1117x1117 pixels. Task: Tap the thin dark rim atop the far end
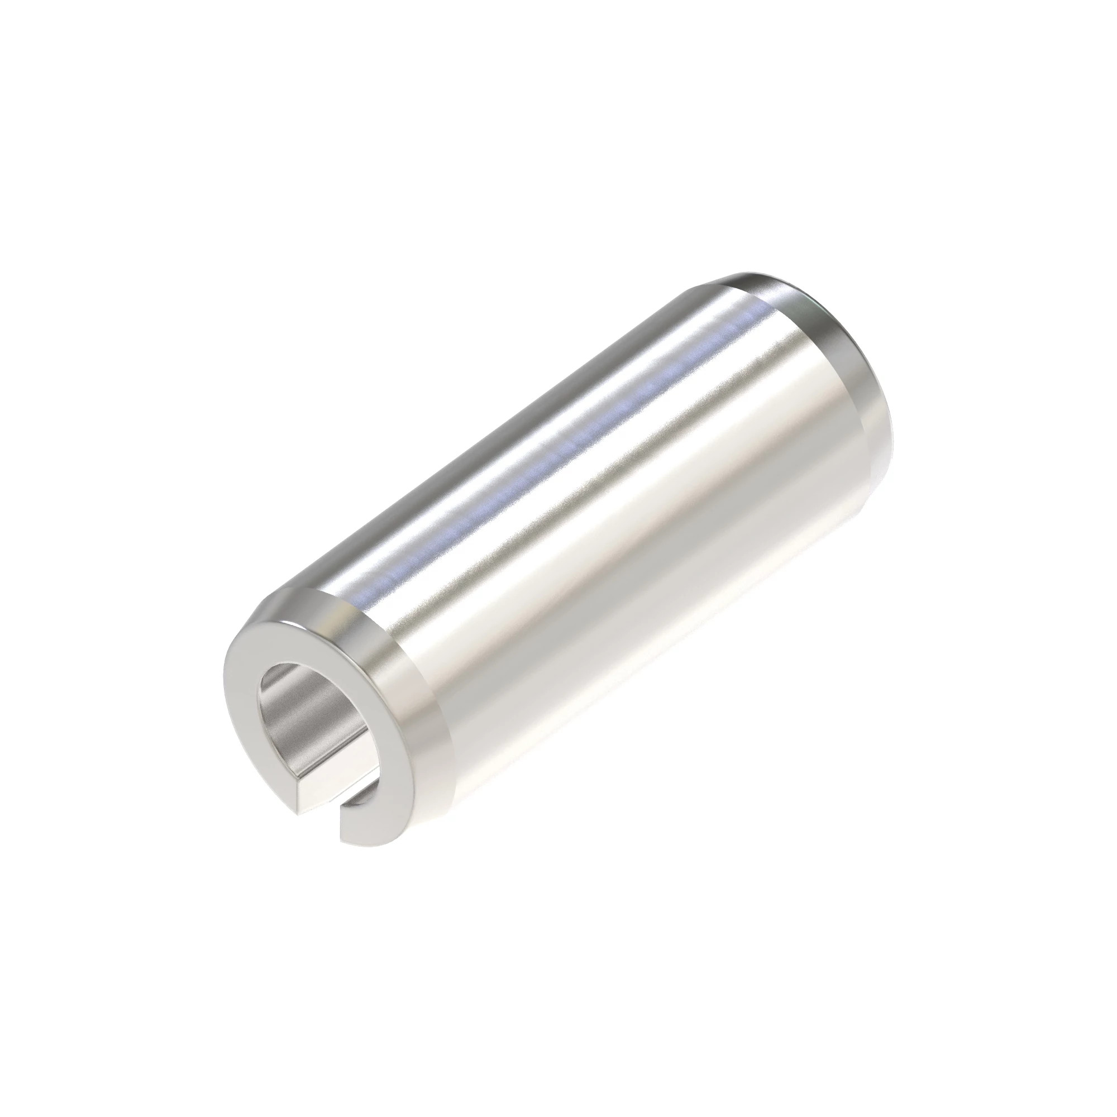[769, 278]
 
